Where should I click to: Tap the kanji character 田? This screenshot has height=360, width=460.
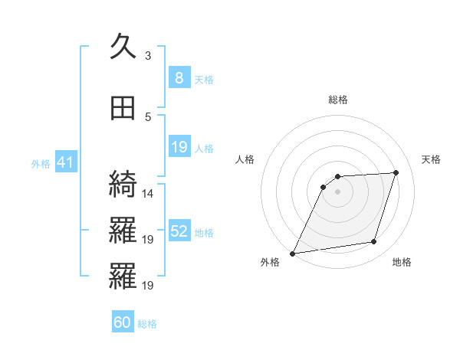pyautogui.click(x=123, y=109)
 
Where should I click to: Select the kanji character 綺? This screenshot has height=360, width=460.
pyautogui.click(x=123, y=184)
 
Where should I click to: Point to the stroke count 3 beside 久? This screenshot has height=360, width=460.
pyautogui.click(x=148, y=55)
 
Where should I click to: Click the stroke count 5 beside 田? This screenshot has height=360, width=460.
pyautogui.click(x=148, y=116)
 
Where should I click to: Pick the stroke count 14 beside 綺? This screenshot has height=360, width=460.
pyautogui.click(x=148, y=193)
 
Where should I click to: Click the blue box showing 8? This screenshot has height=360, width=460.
pyautogui.click(x=179, y=77)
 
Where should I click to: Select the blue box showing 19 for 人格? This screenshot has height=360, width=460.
pyautogui.click(x=179, y=147)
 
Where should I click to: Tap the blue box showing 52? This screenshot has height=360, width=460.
pyautogui.click(x=179, y=231)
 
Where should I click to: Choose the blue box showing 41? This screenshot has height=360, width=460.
pyautogui.click(x=65, y=162)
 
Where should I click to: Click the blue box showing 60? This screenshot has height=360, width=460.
pyautogui.click(x=123, y=322)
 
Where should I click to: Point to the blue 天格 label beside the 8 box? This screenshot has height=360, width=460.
pyautogui.click(x=204, y=79)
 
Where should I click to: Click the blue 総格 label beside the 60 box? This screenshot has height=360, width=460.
pyautogui.click(x=147, y=324)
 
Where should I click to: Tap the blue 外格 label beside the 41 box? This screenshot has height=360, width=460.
pyautogui.click(x=41, y=163)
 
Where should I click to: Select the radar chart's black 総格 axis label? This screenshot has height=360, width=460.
pyautogui.click(x=337, y=100)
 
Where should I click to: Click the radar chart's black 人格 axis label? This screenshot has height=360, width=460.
pyautogui.click(x=245, y=159)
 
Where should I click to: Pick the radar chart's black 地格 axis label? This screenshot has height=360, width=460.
pyautogui.click(x=402, y=262)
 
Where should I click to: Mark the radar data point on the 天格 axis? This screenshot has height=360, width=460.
pyautogui.click(x=396, y=173)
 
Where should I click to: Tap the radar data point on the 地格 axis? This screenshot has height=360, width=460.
pyautogui.click(x=374, y=242)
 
